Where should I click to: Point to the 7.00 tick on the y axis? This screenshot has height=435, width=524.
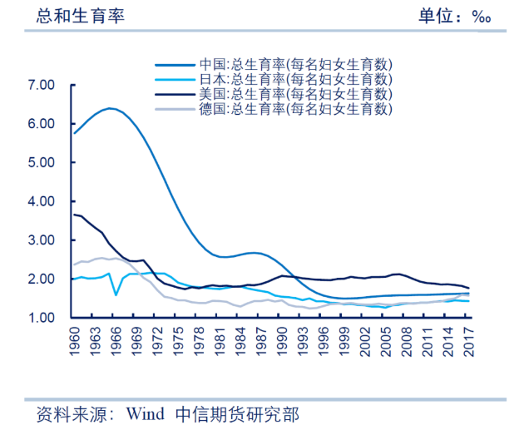(x=41, y=85)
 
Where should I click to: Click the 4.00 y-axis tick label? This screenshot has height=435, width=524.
(x=41, y=201)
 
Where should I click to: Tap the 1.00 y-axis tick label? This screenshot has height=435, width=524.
(x=41, y=319)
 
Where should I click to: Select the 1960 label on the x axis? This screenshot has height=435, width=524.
(x=74, y=342)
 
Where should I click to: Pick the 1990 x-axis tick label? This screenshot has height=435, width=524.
(x=282, y=342)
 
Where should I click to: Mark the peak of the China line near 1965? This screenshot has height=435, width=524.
(x=109, y=108)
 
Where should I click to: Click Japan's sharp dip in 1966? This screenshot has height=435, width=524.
(x=116, y=294)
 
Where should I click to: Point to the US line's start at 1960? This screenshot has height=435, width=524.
(x=74, y=215)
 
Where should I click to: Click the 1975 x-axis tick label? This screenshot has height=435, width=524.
(x=178, y=342)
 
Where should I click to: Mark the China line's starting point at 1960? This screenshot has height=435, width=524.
(x=74, y=133)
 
